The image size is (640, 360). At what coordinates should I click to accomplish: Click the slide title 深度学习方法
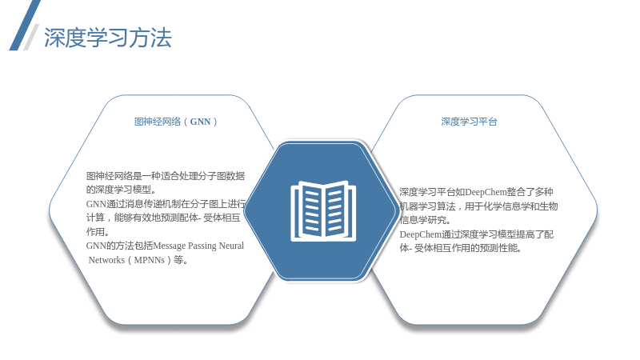(108, 38)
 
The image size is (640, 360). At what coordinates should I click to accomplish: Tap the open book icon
(323, 211)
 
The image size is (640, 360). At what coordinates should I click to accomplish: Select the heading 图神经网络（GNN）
(176, 122)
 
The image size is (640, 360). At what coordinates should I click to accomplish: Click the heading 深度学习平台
(469, 122)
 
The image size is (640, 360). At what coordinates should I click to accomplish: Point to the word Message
(169, 246)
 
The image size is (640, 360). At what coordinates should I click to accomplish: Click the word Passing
(202, 246)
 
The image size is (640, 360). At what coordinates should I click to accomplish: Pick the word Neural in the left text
(231, 246)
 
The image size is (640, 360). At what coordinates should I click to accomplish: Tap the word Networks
(106, 260)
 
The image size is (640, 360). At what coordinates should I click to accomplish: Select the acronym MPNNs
(150, 260)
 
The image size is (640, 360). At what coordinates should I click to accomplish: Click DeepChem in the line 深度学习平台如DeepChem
(486, 192)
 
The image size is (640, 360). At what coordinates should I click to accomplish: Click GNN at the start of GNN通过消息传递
(96, 204)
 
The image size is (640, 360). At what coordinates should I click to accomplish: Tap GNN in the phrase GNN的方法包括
(96, 246)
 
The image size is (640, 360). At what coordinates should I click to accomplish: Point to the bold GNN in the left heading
(201, 122)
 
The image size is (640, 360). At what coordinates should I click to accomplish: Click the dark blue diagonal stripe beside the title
(25, 25)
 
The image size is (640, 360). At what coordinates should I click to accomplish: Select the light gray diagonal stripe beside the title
(31, 37)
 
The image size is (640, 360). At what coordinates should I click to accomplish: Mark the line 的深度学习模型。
(122, 190)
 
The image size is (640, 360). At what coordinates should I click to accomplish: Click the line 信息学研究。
(426, 221)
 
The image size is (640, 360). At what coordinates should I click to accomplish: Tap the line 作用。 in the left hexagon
(98, 232)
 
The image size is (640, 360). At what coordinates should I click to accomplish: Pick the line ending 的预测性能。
(461, 248)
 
